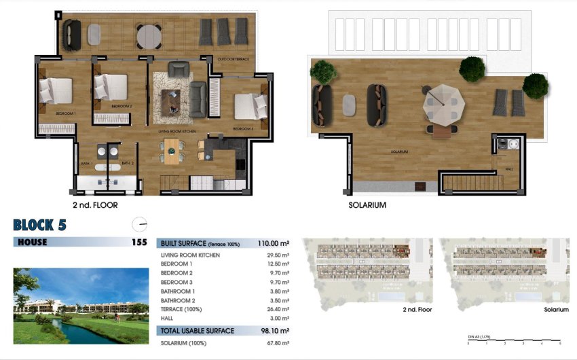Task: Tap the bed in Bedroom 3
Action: (251, 106)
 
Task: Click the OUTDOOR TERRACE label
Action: (233, 60)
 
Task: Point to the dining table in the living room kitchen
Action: (174, 149)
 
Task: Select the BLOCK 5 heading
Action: (39, 226)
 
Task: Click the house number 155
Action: (138, 242)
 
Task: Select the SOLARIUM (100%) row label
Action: (183, 344)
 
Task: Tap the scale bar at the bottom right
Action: (514, 341)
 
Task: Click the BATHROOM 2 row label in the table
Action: (178, 300)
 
